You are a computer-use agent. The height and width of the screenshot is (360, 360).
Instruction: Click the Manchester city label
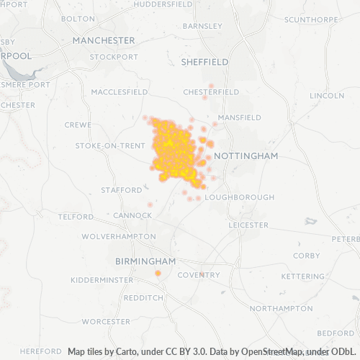tap(104, 40)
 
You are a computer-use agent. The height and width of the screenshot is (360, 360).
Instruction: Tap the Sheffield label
tap(204, 62)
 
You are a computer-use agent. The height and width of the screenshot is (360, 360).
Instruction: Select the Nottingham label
tap(246, 156)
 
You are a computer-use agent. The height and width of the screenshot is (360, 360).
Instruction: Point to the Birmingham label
tap(146, 261)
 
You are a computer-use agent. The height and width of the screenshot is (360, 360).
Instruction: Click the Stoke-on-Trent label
tap(110, 145)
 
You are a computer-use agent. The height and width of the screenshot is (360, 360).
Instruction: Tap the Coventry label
tap(199, 275)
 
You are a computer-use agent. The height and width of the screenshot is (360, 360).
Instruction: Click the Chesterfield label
tap(211, 92)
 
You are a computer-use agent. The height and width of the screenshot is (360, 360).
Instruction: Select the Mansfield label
tap(240, 117)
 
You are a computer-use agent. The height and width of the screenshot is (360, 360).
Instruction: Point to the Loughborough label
tap(240, 197)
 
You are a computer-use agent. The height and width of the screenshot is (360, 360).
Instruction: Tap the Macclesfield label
tap(120, 92)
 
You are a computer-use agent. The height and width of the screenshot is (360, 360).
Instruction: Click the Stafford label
tap(122, 190)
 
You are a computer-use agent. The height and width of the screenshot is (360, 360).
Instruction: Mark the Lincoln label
tap(327, 96)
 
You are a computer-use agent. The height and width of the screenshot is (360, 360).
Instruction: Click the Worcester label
tap(106, 321)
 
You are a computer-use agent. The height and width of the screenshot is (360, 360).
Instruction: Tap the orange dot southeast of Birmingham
tap(158, 273)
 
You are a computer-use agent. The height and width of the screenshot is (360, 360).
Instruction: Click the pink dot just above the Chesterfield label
tap(211, 86)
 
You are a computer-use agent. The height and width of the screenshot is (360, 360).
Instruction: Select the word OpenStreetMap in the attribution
tap(267, 352)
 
